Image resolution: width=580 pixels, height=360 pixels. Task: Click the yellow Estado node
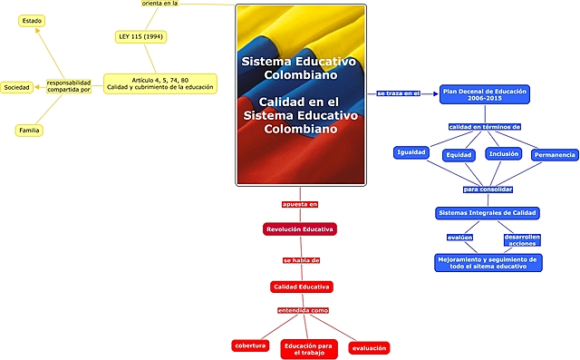[32, 19]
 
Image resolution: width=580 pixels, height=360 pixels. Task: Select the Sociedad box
[16, 87]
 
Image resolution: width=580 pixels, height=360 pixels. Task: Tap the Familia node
[30, 131]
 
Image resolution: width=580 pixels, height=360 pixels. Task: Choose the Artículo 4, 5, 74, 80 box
[160, 83]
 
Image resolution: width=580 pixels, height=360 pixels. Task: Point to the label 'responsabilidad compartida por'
[69, 87]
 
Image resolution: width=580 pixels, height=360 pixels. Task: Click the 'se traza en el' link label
[398, 93]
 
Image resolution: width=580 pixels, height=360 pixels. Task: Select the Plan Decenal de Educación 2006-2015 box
[484, 94]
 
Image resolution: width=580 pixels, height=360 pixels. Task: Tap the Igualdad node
[411, 152]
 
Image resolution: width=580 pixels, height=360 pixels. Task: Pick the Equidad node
[459, 155]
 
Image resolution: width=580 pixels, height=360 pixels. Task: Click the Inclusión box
[504, 153]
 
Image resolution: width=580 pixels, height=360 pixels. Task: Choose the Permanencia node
[555, 155]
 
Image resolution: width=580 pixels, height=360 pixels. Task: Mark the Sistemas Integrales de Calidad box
[488, 213]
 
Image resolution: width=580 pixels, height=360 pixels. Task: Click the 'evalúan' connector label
[459, 238]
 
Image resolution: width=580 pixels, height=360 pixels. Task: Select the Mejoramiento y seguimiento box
[488, 262]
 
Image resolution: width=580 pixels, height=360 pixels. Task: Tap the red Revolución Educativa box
[300, 229]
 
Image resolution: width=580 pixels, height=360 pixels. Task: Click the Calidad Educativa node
[302, 287]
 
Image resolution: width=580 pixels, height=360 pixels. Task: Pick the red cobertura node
[250, 345]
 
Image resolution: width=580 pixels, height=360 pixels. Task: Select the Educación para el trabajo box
[308, 349]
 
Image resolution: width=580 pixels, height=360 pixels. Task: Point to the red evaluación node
[369, 347]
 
